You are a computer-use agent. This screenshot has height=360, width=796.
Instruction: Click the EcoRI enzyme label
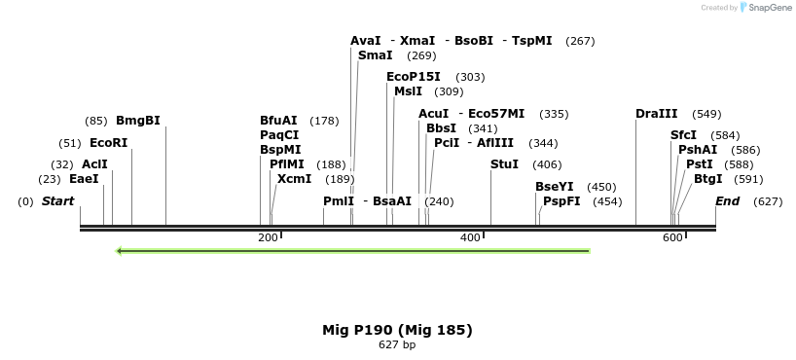[108, 143]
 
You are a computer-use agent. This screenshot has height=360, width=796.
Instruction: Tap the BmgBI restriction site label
[137, 121]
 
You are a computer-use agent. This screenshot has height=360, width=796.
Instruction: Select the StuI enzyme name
[504, 164]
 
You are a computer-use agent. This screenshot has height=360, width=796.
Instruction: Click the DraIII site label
[656, 114]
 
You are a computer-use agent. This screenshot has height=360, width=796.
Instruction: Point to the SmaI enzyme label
[375, 55]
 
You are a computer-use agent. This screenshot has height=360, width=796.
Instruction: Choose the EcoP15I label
[413, 77]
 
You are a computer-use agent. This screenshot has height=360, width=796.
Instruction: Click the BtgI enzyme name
[708, 179]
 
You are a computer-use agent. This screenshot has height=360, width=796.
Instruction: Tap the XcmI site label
[294, 179]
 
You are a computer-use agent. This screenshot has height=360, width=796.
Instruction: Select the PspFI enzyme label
[561, 201]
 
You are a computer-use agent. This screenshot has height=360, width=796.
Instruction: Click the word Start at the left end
[57, 201]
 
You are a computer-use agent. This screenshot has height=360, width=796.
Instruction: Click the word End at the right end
[727, 201]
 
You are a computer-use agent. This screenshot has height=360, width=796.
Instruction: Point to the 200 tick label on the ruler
[268, 238]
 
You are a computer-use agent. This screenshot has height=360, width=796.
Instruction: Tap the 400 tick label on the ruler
[470, 238]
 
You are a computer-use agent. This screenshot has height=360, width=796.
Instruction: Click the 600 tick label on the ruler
[672, 238]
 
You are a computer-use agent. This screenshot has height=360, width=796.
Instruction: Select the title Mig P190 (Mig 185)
[397, 330]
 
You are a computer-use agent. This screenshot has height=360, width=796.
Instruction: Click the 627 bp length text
[397, 345]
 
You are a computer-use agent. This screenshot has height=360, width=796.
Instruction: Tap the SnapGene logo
[766, 8]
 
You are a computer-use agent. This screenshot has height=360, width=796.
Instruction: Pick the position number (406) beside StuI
[546, 164]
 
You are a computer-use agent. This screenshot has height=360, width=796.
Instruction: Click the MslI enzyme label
[408, 91]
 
